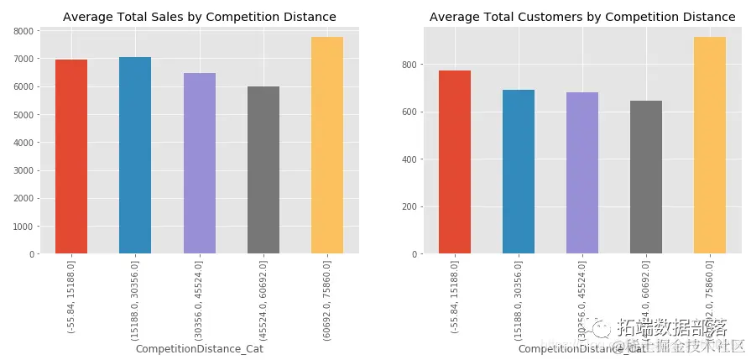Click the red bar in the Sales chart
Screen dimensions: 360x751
(71, 157)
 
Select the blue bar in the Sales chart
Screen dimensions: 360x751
(135, 155)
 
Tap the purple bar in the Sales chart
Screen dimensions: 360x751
(200, 164)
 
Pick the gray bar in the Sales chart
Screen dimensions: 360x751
(263, 170)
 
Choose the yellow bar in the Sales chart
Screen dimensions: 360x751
(327, 145)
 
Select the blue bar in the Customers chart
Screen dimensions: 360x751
(519, 172)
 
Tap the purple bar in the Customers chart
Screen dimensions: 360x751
(582, 173)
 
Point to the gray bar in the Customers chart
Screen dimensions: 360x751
(646, 177)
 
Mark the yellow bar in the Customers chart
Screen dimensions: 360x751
(710, 145)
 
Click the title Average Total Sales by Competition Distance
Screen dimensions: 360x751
(200, 17)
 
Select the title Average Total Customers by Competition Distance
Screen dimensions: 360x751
(582, 17)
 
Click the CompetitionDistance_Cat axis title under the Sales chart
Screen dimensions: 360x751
(200, 349)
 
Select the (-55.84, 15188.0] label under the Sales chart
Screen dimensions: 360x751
(71, 297)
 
